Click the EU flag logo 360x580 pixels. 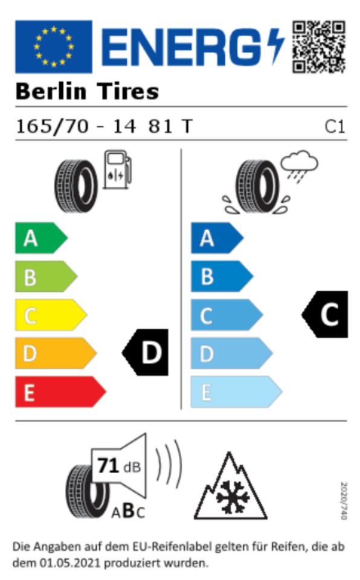(x=54, y=47)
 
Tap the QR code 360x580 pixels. (x=318, y=47)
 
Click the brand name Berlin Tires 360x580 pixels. (x=88, y=91)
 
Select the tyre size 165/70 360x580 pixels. (x=52, y=126)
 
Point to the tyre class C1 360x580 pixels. (x=335, y=127)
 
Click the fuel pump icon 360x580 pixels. (x=117, y=169)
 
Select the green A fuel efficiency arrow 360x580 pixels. (x=42, y=238)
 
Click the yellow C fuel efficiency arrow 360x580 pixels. (x=51, y=315)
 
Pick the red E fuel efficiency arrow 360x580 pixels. (x=60, y=391)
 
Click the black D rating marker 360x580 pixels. (x=145, y=352)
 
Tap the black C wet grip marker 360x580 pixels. (x=324, y=314)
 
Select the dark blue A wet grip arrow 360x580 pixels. (x=217, y=238)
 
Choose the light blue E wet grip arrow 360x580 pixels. (x=237, y=391)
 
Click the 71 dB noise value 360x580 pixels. (x=119, y=466)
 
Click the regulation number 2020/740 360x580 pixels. (x=344, y=500)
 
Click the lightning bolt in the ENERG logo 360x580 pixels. (x=275, y=46)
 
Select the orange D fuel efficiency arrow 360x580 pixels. (x=56, y=353)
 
